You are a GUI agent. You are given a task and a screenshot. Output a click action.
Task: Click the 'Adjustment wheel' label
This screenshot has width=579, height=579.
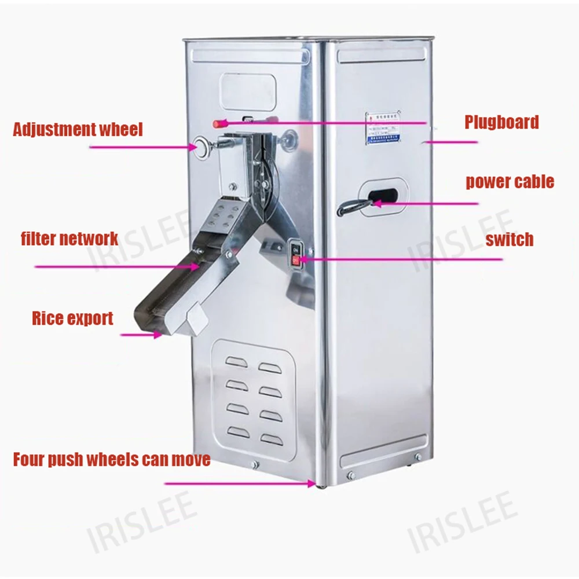(78, 129)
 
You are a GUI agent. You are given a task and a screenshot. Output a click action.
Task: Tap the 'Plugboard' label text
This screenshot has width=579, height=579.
(501, 122)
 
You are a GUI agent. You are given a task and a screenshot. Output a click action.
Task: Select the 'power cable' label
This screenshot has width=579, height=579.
(510, 182)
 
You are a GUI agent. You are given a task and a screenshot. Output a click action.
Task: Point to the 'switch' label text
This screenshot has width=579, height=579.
(510, 239)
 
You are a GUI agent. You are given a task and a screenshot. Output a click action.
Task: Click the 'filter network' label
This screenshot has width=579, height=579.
(69, 238)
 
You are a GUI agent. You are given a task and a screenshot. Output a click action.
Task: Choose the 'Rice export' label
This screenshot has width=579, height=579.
(72, 318)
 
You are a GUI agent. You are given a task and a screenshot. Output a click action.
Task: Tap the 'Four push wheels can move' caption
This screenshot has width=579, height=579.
(112, 460)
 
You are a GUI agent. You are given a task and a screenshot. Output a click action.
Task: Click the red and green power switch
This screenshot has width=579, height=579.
(295, 255)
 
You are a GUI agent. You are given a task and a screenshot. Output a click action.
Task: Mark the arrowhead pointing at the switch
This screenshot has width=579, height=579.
(303, 259)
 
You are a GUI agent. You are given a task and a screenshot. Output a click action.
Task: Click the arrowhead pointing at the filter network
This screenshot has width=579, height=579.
(197, 266)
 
